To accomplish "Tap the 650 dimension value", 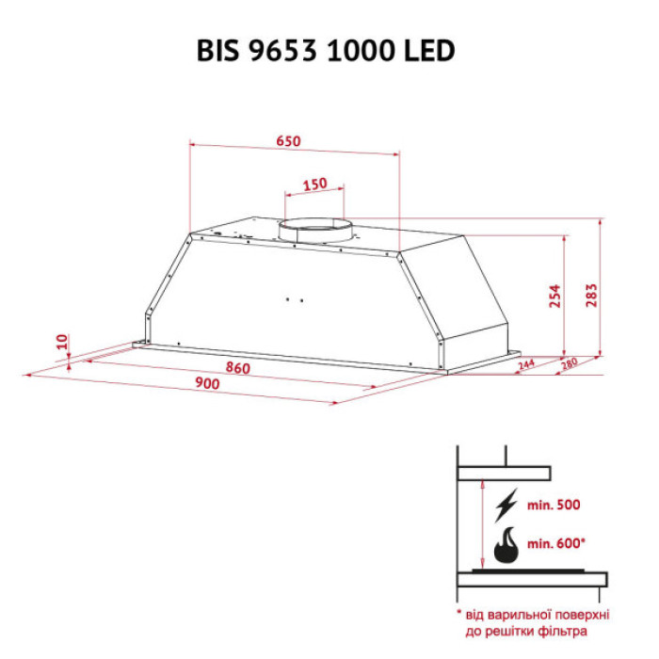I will (x=288, y=141).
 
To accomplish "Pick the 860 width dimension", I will (x=238, y=367).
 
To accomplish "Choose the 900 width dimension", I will (x=207, y=384).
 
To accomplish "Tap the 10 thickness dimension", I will (x=62, y=342).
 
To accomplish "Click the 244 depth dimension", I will (x=525, y=363).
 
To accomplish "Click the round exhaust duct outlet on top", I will (x=315, y=229).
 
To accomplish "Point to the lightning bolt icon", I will (x=506, y=506).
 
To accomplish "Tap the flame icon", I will (x=506, y=544).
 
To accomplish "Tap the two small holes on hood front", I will (x=293, y=300).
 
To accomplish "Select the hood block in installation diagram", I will (x=503, y=471).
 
